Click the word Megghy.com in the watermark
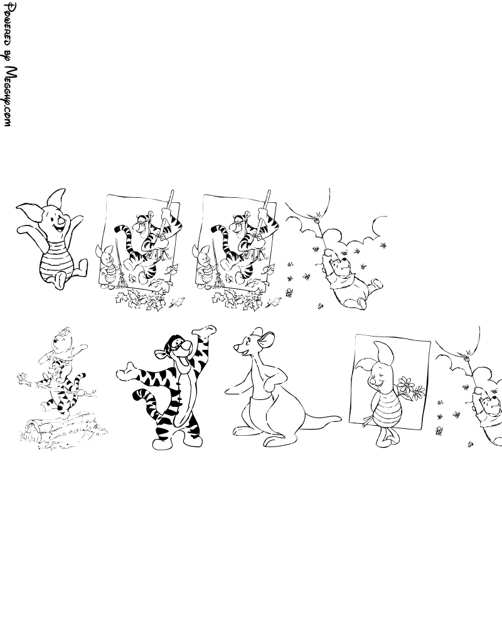coord(9,97)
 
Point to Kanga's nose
coord(236,348)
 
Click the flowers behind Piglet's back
coord(410,388)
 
